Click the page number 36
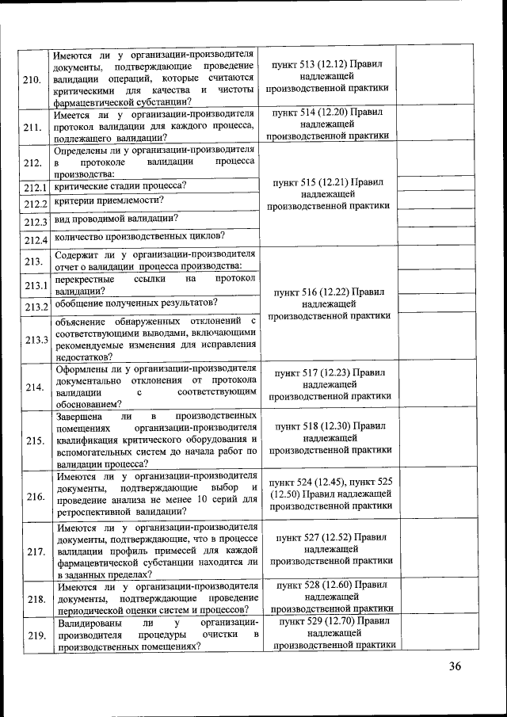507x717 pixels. tap(455, 666)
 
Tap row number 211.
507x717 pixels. tap(32, 128)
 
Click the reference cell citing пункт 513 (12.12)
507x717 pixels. tap(328, 77)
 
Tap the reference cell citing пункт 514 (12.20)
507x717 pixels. tap(328, 124)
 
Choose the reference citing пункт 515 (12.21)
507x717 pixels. tap(328, 193)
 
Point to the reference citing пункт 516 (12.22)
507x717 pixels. tap(328, 303)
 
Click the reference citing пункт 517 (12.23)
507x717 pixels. tap(328, 383)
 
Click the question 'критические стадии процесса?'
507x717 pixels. tap(120, 185)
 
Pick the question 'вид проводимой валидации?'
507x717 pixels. tap(115, 219)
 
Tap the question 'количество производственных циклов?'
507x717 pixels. tap(139, 235)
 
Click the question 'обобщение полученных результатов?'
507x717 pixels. tap(135, 303)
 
